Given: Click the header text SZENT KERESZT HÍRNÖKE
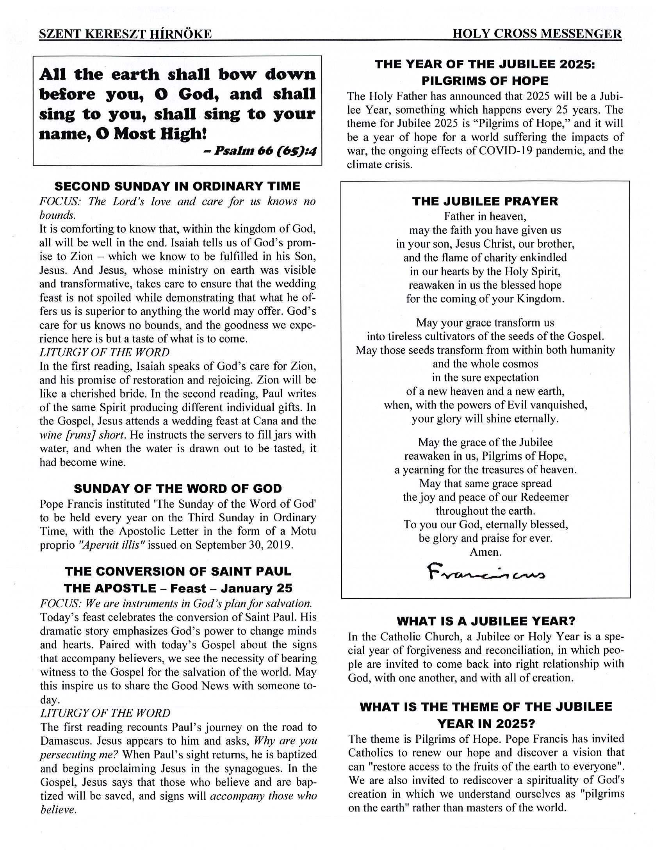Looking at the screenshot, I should tap(125, 34).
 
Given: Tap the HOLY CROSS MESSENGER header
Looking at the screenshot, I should tap(537, 34).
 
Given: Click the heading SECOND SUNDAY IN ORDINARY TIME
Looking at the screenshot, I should tap(177, 186).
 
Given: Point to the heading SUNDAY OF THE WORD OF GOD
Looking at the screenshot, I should tap(178, 489).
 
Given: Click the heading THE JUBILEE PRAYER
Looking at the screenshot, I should tap(485, 201).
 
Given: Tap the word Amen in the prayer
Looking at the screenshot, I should tap(485, 552).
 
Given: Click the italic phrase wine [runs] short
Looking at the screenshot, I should tap(83, 435).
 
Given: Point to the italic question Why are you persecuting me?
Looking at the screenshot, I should tap(178, 748).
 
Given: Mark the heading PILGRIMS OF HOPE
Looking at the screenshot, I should tap(485, 81).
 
